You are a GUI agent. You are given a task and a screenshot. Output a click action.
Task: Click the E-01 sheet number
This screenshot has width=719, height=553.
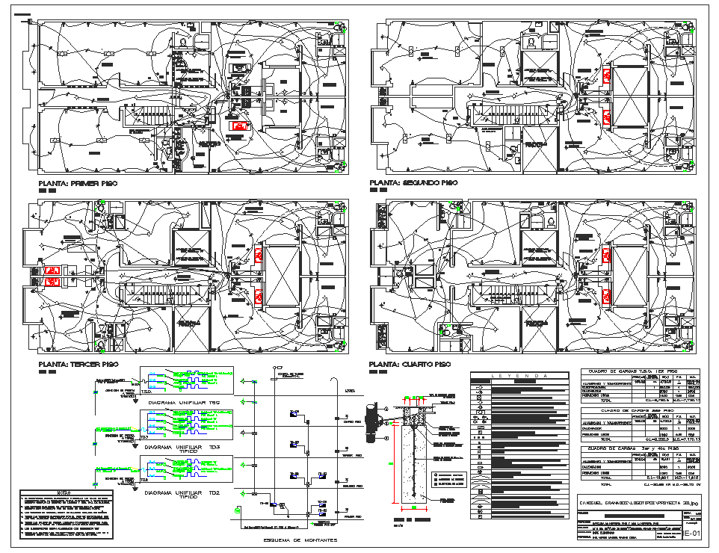(693, 534)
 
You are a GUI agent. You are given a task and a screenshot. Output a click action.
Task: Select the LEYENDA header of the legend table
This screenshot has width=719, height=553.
(519, 376)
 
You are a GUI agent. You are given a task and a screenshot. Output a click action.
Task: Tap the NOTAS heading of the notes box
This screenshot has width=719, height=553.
(65, 493)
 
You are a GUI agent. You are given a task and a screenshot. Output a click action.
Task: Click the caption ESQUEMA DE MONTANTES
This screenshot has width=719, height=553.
(296, 540)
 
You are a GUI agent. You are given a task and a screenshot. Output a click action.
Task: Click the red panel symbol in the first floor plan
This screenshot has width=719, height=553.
(240, 126)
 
